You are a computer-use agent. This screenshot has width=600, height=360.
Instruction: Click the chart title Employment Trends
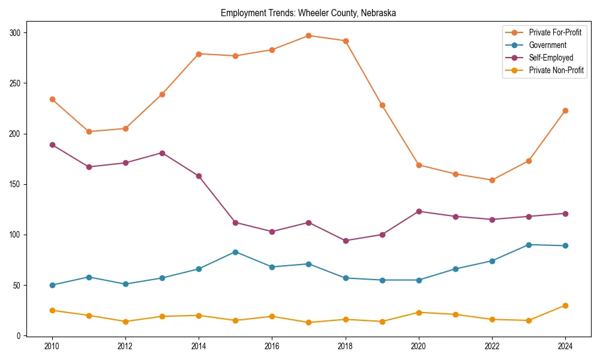(308, 13)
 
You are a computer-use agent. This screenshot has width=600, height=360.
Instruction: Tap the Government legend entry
(547, 45)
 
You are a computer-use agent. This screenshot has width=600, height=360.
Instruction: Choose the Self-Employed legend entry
(551, 58)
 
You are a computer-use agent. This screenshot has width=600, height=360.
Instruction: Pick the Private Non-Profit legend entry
(556, 70)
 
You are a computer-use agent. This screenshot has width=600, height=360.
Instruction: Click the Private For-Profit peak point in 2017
(309, 35)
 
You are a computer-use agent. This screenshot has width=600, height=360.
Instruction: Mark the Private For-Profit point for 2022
(492, 180)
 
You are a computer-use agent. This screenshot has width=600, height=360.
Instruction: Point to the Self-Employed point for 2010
(53, 145)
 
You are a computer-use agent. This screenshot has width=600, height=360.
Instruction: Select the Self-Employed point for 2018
(346, 241)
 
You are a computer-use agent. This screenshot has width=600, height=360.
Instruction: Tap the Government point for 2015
(236, 252)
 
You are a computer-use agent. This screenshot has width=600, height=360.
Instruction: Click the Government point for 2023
(529, 245)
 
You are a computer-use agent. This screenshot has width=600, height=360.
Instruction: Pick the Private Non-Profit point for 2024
(565, 305)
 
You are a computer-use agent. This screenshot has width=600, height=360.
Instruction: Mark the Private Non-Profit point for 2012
(126, 322)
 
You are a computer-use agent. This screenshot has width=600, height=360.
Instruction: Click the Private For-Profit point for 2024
(565, 110)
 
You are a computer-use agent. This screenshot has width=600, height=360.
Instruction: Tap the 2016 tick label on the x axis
(272, 346)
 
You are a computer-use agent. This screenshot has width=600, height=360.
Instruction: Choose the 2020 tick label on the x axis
(419, 346)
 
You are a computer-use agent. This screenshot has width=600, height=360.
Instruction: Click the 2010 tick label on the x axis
(53, 346)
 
